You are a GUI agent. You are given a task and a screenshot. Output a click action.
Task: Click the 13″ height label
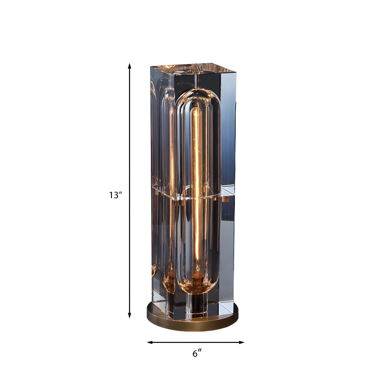[x=116, y=195]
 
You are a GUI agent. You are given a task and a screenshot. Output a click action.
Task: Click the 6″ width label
[x=197, y=354]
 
